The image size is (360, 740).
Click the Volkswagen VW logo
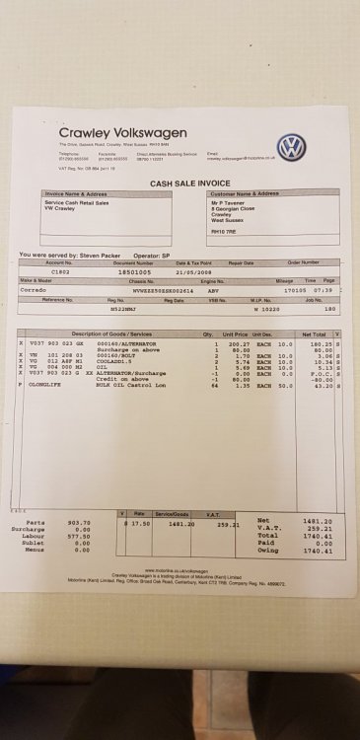(x=291, y=148)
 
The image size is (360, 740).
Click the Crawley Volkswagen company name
(x=116, y=133)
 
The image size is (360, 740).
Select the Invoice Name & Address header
(x=80, y=194)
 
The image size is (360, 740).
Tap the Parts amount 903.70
(x=79, y=522)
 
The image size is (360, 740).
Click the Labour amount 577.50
(x=79, y=536)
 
